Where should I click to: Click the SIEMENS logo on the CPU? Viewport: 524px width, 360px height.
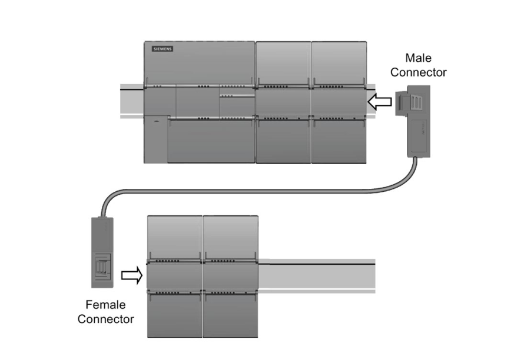[x=163, y=49]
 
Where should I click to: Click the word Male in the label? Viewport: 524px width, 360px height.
[x=418, y=58]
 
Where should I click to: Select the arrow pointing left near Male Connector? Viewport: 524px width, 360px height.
[x=380, y=102]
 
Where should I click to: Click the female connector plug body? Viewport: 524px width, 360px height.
[x=102, y=252]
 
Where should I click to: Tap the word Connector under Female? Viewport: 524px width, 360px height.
[x=106, y=319]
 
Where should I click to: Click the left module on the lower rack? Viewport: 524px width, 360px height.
[x=174, y=276]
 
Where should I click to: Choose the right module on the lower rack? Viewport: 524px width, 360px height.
[x=230, y=276]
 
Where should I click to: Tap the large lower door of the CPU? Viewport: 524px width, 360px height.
[x=211, y=141]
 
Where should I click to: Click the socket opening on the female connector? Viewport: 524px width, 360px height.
[x=102, y=264]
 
